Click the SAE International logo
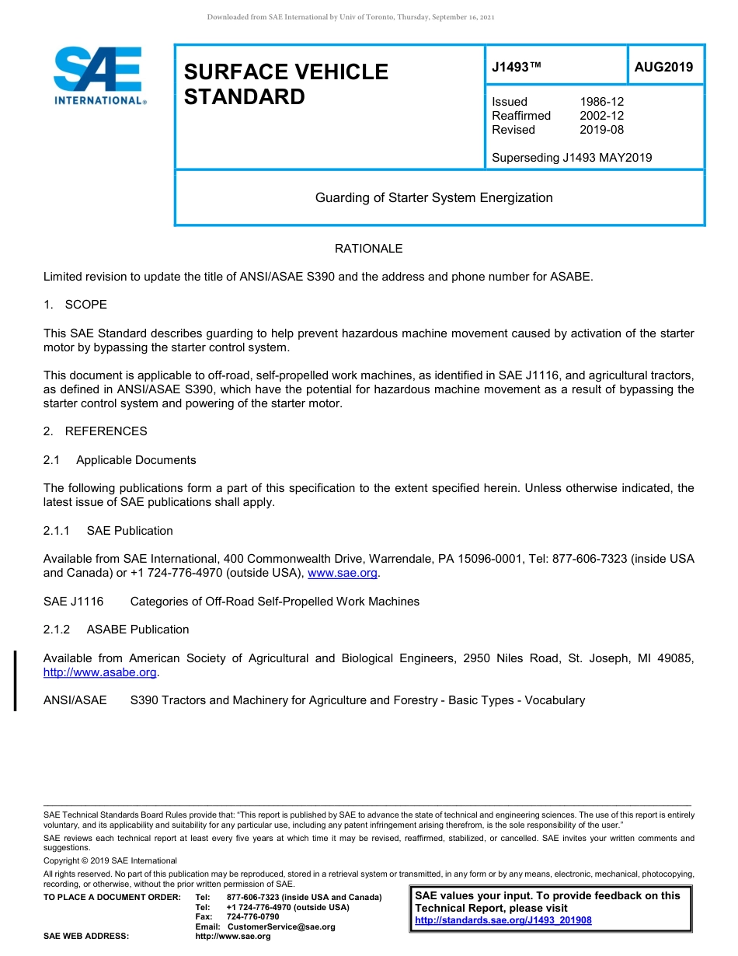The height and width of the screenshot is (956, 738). point(99,75)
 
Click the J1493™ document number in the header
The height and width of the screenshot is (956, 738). point(516,68)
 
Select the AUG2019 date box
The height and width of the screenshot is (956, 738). point(663,68)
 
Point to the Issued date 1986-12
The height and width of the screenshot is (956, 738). point(601,102)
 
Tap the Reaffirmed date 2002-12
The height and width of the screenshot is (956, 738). point(601,116)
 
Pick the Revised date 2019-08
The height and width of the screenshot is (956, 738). point(601,130)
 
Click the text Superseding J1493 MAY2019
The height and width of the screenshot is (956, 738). point(572,158)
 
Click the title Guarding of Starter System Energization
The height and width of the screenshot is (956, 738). point(433,197)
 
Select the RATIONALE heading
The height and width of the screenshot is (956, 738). point(368,249)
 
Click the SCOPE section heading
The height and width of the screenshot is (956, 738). point(85,305)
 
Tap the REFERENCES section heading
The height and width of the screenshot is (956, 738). point(106,431)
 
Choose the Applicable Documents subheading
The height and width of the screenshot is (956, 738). point(136,460)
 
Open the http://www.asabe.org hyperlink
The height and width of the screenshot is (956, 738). point(100,672)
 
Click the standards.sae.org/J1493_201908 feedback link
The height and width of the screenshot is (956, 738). point(503,920)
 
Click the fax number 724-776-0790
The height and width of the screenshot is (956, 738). point(252,917)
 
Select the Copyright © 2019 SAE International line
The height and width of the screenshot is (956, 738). point(110,860)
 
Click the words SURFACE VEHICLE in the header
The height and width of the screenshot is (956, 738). point(285,72)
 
